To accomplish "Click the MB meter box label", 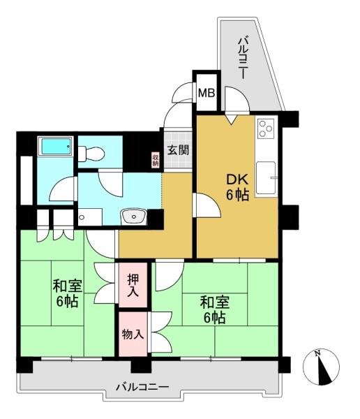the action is pos(207,94).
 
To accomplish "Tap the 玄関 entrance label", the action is pos(178,150).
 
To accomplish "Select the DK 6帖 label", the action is pos(237,187).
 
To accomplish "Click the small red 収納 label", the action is pos(156,160).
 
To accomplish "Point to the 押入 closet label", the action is pos(133,286).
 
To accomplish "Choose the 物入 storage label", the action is pos(133,334).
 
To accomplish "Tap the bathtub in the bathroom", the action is pos(55,146).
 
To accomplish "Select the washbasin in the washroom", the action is pos(133,216).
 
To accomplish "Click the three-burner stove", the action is pos(266,128).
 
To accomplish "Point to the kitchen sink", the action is pos(266,177).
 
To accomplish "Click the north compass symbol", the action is pos(321,367).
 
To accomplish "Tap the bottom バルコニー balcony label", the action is pos(142,387).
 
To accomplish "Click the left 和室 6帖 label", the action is pos(67,293).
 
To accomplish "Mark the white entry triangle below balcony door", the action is pos(231,119).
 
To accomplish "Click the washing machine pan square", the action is pos(90,217).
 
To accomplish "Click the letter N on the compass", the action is pos(317,354).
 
